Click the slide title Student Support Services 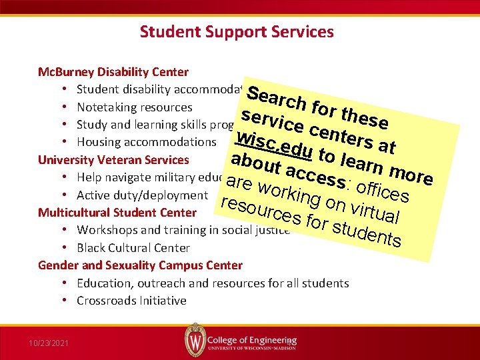coord(237,31)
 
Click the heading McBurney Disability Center coord(113,72)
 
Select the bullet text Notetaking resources coord(134,107)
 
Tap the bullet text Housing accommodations coord(146,142)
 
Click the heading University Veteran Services coord(113,160)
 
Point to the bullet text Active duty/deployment coord(142,195)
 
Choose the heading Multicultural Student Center coord(117,213)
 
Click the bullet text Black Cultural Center coord(133,248)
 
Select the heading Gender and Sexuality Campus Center coord(140,265)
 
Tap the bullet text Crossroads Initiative coord(131,301)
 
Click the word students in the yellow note coord(366,234)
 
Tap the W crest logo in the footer coord(193,340)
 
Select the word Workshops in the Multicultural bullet coord(104,230)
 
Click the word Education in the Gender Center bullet coord(103,283)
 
